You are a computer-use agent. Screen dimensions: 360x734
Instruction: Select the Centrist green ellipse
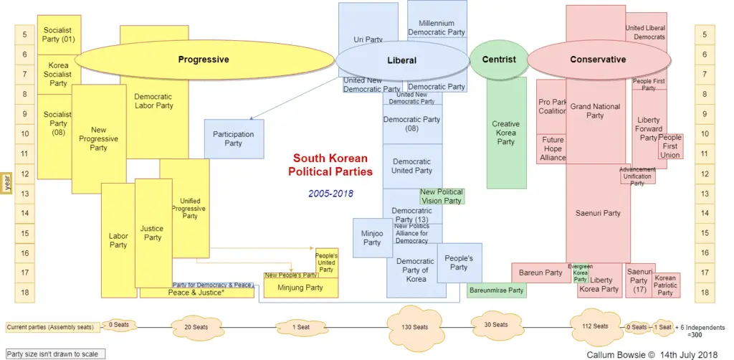pos(499,60)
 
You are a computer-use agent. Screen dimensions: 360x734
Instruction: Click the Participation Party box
pos(234,138)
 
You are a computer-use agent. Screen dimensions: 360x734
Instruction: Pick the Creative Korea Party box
pos(506,133)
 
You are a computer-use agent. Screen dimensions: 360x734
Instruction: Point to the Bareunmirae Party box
pos(496,291)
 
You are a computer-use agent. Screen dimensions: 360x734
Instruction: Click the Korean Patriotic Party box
pos(666,285)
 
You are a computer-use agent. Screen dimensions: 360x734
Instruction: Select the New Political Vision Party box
pos(442,196)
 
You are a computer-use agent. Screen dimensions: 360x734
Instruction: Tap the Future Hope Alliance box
pos(553,148)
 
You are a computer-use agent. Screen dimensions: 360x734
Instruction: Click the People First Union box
pos(670,146)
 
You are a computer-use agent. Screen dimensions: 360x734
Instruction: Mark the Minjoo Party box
pos(372,237)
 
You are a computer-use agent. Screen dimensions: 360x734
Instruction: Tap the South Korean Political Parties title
pos(330,165)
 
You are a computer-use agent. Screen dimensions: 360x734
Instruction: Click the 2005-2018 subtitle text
pos(330,194)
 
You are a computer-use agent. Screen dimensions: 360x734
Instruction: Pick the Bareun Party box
pos(540,273)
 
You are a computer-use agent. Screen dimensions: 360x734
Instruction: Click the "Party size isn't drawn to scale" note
pos(54,354)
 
